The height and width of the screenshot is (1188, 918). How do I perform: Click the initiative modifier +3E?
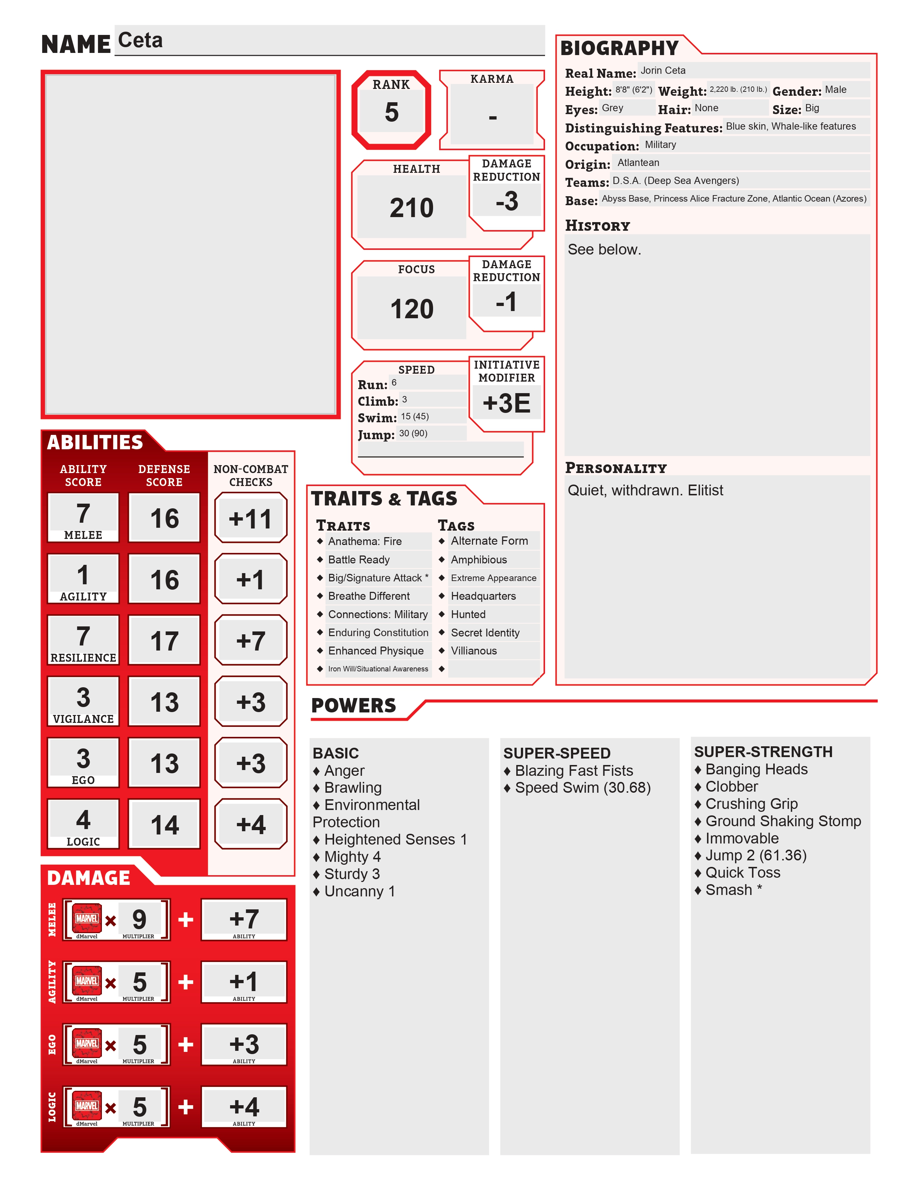click(506, 403)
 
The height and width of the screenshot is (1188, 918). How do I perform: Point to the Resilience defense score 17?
click(164, 641)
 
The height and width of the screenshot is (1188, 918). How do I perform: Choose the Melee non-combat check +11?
click(250, 518)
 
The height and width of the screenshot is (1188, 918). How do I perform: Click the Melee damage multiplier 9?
click(139, 919)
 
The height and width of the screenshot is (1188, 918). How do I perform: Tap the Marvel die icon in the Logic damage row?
click(87, 1106)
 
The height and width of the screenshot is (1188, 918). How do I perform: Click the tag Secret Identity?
click(485, 633)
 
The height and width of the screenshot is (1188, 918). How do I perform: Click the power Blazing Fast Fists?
click(574, 771)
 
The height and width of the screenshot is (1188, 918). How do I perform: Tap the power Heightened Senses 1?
click(395, 839)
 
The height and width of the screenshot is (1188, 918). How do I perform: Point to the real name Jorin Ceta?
click(663, 71)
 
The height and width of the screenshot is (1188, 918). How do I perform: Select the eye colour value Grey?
click(612, 108)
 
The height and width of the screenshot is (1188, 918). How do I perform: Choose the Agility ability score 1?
click(83, 575)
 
